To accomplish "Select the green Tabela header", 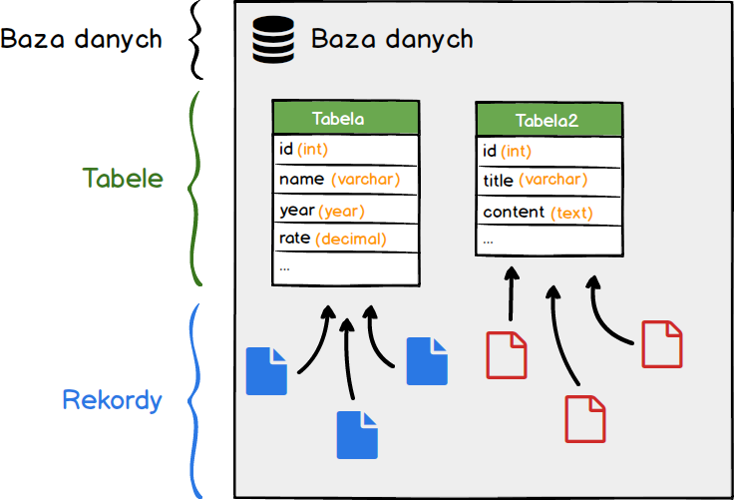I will pyautogui.click(x=345, y=118).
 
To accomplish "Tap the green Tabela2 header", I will pyautogui.click(x=549, y=120).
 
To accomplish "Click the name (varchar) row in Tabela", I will pyautogui.click(x=345, y=180).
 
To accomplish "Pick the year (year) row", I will pyautogui.click(x=345, y=211).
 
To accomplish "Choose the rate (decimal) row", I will pyautogui.click(x=345, y=239).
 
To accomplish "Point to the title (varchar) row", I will pyautogui.click(x=549, y=181).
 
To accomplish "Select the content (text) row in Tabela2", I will pyautogui.click(x=549, y=212).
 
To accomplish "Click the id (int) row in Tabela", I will pyautogui.click(x=345, y=150).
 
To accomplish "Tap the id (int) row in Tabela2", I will pyautogui.click(x=549, y=151).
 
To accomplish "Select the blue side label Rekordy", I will pyautogui.click(x=112, y=401).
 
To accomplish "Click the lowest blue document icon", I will pyautogui.click(x=357, y=435).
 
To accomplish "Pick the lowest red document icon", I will pyautogui.click(x=585, y=419).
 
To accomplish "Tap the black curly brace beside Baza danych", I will pyautogui.click(x=196, y=40).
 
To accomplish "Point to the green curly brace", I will pyautogui.click(x=196, y=188).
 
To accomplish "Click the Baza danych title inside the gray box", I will pyautogui.click(x=392, y=40).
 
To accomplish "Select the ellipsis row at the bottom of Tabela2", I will pyautogui.click(x=549, y=241).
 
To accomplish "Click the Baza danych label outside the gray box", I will pyautogui.click(x=81, y=40).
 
